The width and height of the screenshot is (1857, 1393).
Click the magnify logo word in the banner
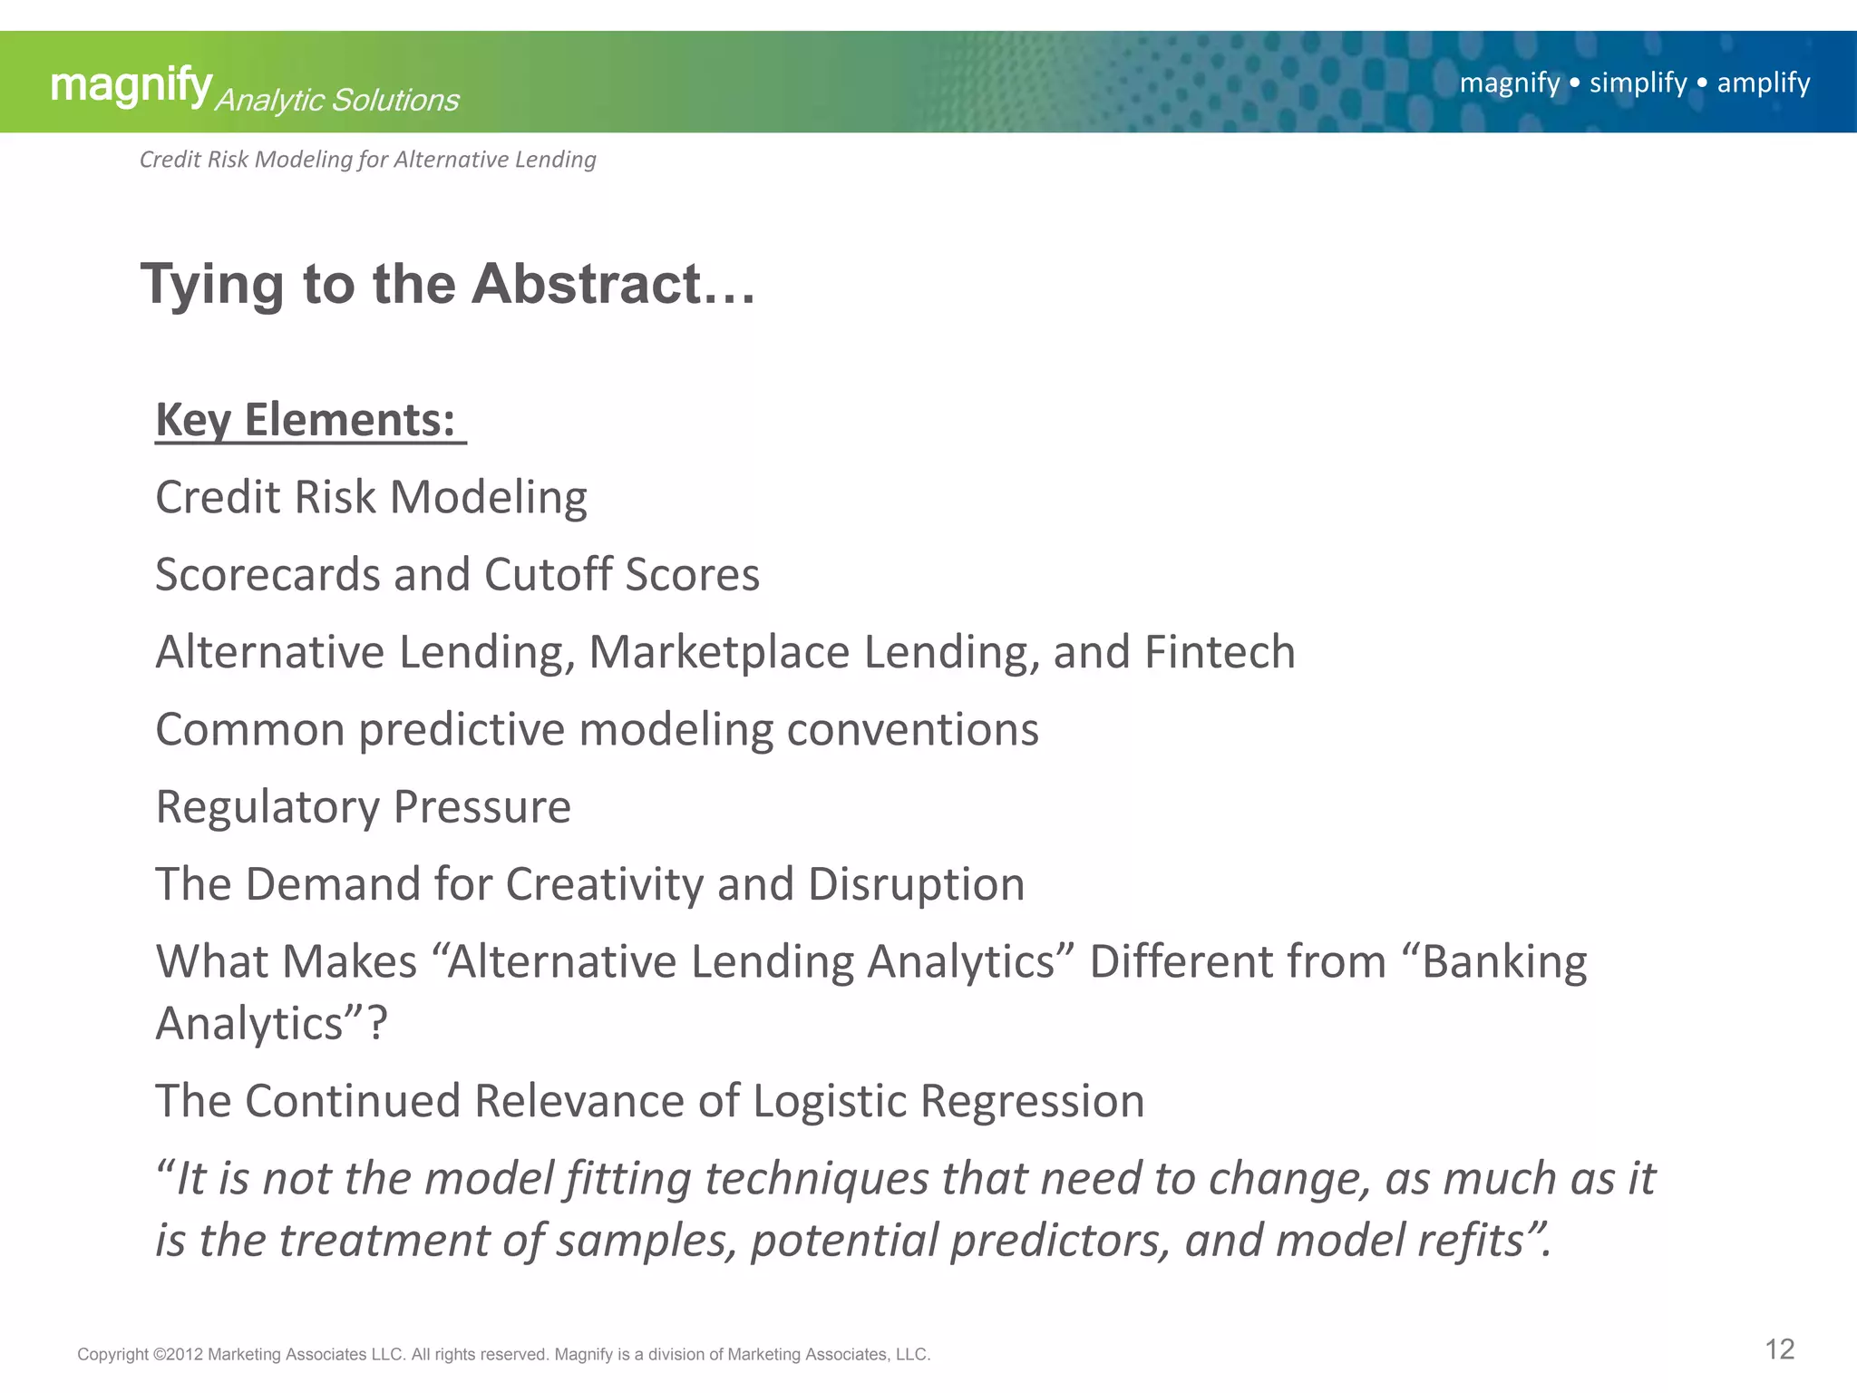point(131,85)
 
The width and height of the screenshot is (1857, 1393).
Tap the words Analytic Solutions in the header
point(336,100)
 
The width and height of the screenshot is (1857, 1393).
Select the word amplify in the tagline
point(1763,83)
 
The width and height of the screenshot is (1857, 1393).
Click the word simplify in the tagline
point(1638,83)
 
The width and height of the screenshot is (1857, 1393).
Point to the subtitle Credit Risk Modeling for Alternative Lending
point(367,160)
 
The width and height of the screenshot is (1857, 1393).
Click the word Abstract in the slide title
point(587,284)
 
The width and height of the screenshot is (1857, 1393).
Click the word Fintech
point(1220,652)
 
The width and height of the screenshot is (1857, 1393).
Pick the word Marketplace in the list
point(718,652)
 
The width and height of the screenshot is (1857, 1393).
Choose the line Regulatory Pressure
point(363,807)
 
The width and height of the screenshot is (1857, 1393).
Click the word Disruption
point(916,884)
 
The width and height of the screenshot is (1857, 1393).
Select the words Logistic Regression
point(948,1101)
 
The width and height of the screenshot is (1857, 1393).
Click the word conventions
point(912,730)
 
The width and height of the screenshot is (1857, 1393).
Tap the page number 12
point(1779,1349)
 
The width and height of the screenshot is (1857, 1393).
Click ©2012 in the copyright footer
point(178,1354)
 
